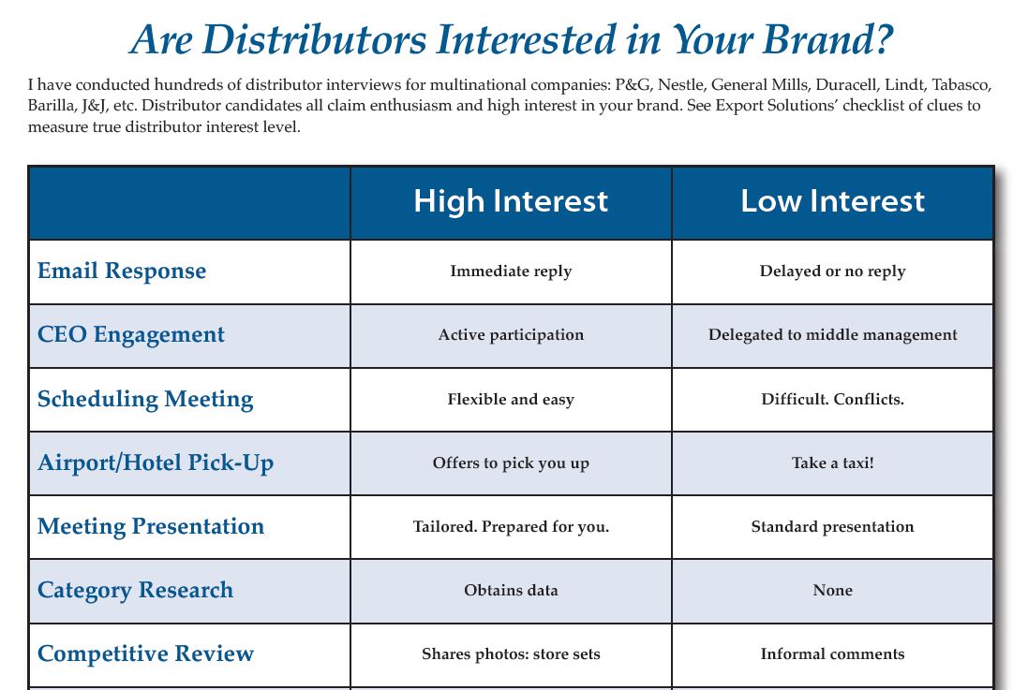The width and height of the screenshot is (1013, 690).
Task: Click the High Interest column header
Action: [511, 201]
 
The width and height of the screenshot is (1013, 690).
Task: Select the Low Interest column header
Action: [832, 201]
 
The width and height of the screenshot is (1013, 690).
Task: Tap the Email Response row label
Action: [122, 272]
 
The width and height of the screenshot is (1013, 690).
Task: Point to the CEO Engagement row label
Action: [131, 335]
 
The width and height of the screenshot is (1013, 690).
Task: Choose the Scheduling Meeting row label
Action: [145, 400]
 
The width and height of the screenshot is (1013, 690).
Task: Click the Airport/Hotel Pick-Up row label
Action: [156, 463]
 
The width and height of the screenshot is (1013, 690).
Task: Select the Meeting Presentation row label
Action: [151, 527]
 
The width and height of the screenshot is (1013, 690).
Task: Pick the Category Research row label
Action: [135, 591]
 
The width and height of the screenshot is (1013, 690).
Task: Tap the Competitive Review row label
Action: [145, 653]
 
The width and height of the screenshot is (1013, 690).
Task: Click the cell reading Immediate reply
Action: [511, 272]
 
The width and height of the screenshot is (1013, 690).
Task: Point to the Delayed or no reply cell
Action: [832, 272]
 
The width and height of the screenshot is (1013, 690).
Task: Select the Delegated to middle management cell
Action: [832, 335]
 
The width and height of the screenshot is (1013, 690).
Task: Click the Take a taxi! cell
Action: [832, 462]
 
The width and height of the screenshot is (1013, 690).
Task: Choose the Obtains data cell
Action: [511, 590]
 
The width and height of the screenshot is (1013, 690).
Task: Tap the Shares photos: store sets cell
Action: [511, 653]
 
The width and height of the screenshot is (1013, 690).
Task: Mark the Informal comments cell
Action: [832, 653]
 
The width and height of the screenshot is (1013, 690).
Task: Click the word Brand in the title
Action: [821, 39]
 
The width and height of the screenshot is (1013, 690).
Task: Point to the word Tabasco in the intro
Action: [961, 85]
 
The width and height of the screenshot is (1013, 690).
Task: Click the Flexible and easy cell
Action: [511, 400]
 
